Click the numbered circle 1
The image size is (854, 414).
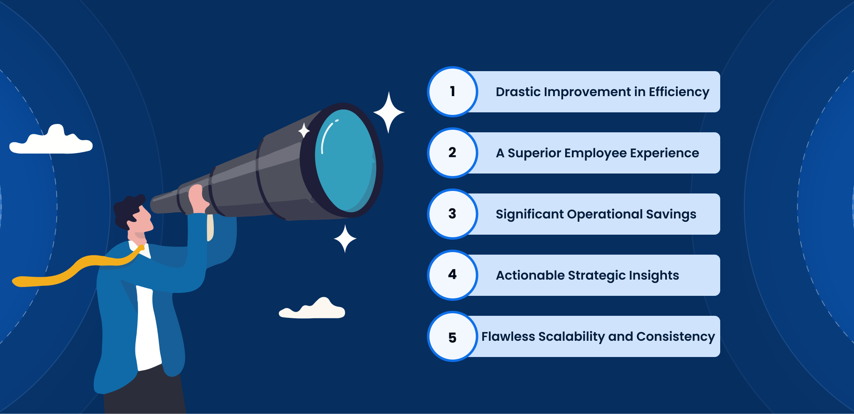click(x=453, y=92)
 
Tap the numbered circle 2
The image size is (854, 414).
click(x=453, y=153)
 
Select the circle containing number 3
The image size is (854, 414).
click(x=453, y=214)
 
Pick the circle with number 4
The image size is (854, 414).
click(x=453, y=275)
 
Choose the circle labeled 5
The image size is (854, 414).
click(x=453, y=336)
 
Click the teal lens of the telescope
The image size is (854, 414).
click(x=346, y=161)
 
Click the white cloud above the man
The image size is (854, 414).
click(x=51, y=140)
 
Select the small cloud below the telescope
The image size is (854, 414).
click(x=312, y=309)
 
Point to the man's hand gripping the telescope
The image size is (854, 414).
click(x=198, y=199)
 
